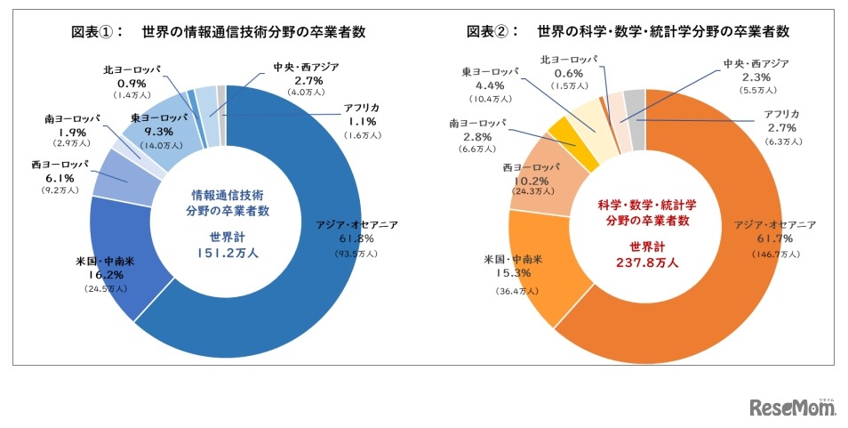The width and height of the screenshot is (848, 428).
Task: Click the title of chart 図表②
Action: (628, 33)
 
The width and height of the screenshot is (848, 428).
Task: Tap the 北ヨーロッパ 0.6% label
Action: (568, 73)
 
